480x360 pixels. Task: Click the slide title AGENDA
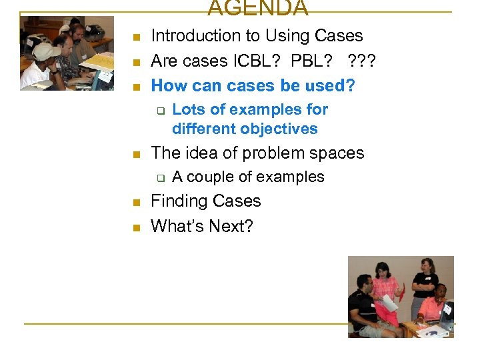pyautogui.click(x=257, y=9)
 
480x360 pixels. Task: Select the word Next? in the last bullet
pyautogui.click(x=231, y=227)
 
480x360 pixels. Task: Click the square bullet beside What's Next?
pyautogui.click(x=135, y=228)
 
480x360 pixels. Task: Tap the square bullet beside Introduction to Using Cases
pyautogui.click(x=135, y=37)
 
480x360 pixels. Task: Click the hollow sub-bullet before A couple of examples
pyautogui.click(x=160, y=178)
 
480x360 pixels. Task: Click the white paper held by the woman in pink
pyautogui.click(x=389, y=303)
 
